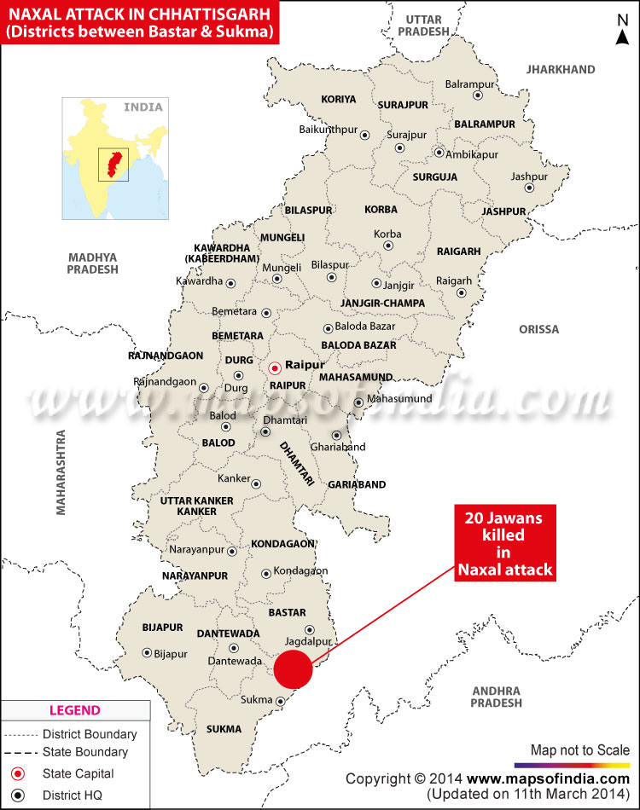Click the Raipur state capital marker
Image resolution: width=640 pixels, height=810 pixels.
click(274, 368)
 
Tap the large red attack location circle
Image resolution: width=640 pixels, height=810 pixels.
click(294, 668)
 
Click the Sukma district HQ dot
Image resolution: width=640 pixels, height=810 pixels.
click(281, 702)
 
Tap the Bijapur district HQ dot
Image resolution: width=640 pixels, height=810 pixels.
click(147, 653)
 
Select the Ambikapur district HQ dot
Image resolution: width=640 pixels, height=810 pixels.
click(439, 153)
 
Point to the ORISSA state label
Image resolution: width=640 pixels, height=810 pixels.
click(538, 329)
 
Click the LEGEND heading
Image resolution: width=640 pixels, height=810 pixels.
click(74, 710)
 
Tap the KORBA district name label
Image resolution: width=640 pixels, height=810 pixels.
click(381, 209)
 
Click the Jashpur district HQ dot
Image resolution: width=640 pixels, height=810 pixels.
click(529, 188)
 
